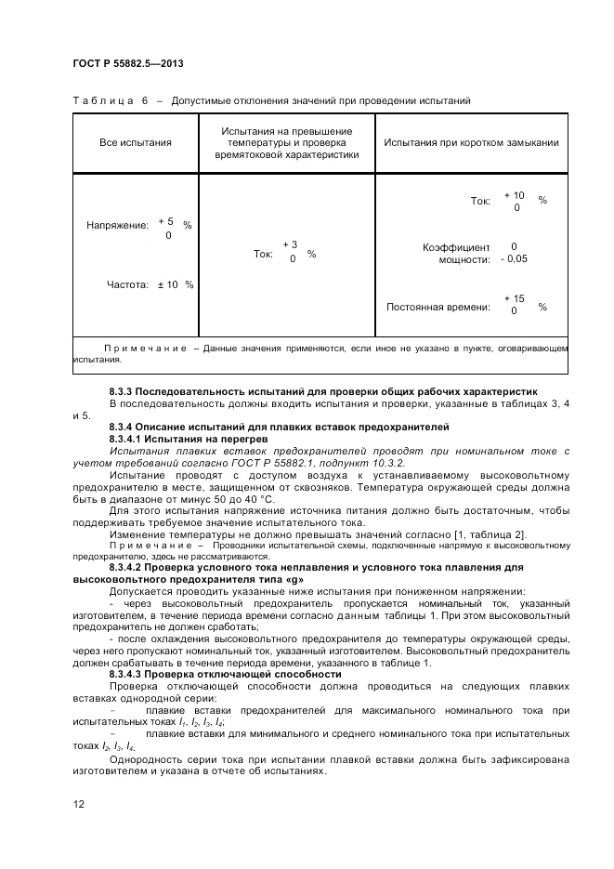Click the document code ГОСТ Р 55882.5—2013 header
point(127,62)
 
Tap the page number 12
point(79,804)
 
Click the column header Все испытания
point(136,142)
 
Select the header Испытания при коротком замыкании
point(471,142)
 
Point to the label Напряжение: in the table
point(117,226)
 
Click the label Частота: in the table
point(127,284)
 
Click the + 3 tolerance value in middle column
point(290,244)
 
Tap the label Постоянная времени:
point(438,306)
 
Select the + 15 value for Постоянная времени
point(514,298)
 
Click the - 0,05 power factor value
point(514,259)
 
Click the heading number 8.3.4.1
point(128,437)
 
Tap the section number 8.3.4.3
point(128,674)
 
